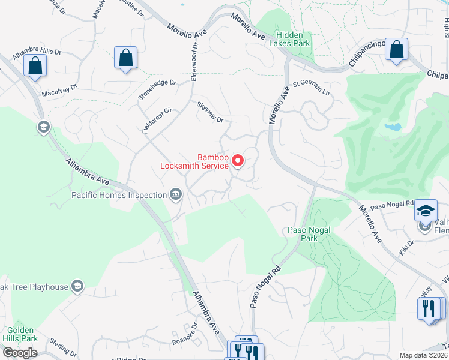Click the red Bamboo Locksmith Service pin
237,161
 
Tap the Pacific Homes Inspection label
119,195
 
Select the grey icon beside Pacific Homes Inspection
176,193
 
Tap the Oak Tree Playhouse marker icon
77,286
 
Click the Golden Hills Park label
22,335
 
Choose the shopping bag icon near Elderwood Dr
125,59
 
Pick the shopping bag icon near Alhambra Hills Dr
35,65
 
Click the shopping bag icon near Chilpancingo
396,50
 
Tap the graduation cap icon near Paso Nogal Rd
426,211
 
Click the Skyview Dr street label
210,112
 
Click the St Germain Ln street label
311,89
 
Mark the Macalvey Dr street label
59,91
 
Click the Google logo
20,353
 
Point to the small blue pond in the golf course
393,127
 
